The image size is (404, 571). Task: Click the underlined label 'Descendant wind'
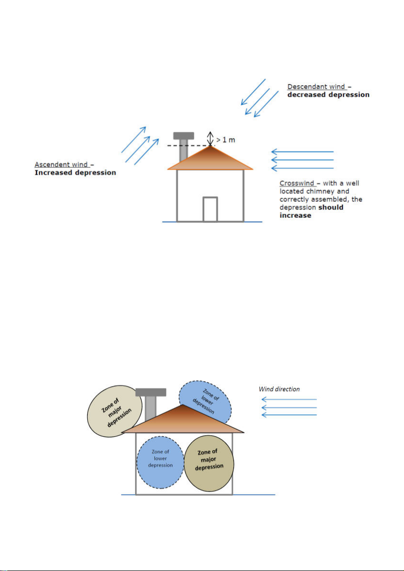(x=316, y=87)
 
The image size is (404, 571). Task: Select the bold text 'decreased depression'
(x=328, y=94)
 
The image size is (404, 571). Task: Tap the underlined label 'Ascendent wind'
(x=61, y=164)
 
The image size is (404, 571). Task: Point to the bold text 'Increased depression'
(x=75, y=173)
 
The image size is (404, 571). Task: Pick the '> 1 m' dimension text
(x=226, y=140)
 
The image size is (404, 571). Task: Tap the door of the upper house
(x=210, y=210)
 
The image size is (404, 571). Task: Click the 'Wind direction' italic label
(x=279, y=389)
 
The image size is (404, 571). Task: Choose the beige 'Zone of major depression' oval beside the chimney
(x=115, y=411)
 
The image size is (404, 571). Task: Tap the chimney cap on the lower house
(x=150, y=392)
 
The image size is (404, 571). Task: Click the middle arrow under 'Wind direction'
(x=289, y=408)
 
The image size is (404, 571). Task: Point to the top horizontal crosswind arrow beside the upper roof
(x=302, y=151)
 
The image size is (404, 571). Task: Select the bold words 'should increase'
(x=311, y=211)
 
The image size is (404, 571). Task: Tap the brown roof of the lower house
(x=183, y=419)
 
